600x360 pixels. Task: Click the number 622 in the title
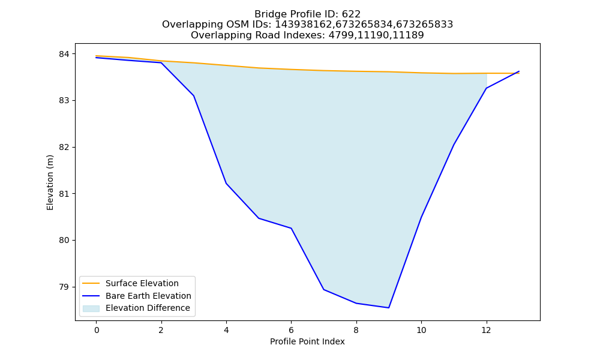tap(351, 14)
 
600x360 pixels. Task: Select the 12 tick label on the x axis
tap(486, 330)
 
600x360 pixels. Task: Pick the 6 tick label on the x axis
tap(291, 330)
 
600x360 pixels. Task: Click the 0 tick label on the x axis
tap(97, 330)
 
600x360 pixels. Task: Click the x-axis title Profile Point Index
tap(307, 341)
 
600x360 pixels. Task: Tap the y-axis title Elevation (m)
tap(50, 182)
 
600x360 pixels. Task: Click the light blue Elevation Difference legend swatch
tap(91, 308)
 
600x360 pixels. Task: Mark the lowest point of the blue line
tap(389, 308)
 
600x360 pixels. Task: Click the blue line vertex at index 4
tap(226, 184)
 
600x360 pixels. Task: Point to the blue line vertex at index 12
tap(487, 88)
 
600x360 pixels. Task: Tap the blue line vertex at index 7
tap(324, 290)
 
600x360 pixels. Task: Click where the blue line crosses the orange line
tap(515, 73)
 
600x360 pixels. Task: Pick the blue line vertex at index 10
tap(421, 217)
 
